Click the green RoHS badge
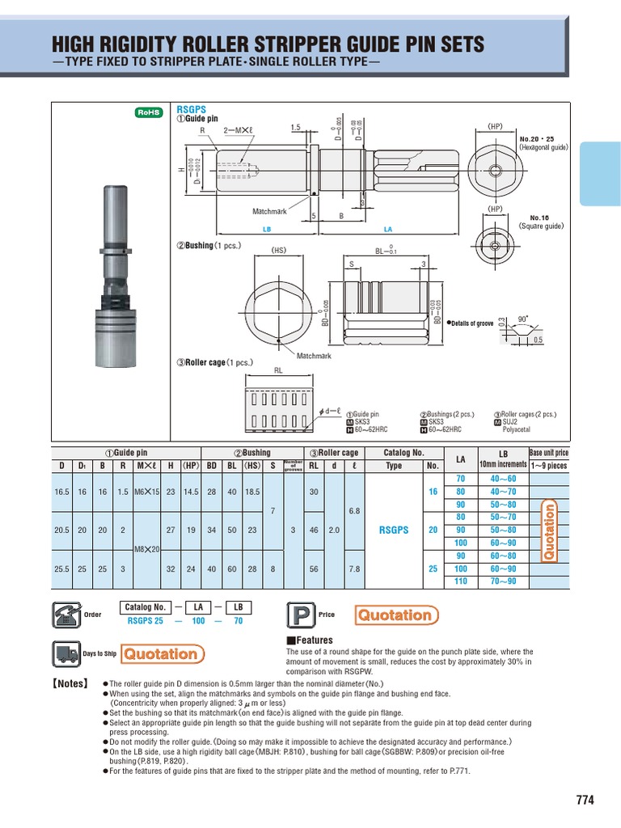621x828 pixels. click(x=148, y=113)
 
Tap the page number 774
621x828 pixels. click(x=585, y=801)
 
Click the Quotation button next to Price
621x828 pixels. click(x=396, y=615)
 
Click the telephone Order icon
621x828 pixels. click(x=65, y=615)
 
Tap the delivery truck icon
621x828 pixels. click(x=65, y=653)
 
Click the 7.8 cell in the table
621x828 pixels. click(x=353, y=568)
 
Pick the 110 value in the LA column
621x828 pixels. click(x=461, y=581)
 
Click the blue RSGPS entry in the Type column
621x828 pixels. click(x=394, y=530)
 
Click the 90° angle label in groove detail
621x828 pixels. click(x=522, y=318)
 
